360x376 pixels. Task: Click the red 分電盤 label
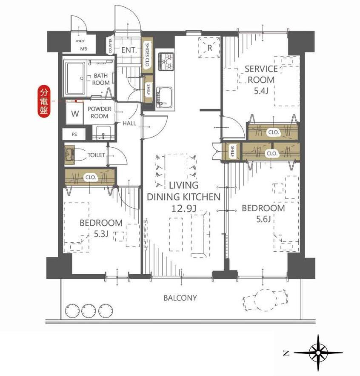pyautogui.click(x=44, y=101)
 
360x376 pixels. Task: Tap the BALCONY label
pyautogui.click(x=180, y=298)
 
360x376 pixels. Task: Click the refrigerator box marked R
pyautogui.click(x=209, y=47)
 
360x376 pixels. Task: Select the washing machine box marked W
pyautogui.click(x=75, y=113)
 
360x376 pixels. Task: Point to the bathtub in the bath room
pyautogui.click(x=75, y=78)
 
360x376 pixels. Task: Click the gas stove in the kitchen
pyautogui.click(x=166, y=61)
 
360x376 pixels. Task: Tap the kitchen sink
pyautogui.click(x=164, y=98)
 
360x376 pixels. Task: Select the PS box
pyautogui.click(x=74, y=134)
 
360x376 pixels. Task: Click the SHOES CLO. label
pyautogui.click(x=147, y=55)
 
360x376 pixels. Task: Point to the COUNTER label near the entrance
pyautogui.click(x=110, y=46)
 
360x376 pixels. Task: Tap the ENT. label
pyautogui.click(x=129, y=50)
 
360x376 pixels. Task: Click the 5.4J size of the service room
pyautogui.click(x=261, y=91)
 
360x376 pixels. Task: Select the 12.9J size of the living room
pyautogui.click(x=183, y=209)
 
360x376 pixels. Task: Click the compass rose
pyautogui.click(x=318, y=353)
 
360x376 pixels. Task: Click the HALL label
pyautogui.click(x=129, y=123)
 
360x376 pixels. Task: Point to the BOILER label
pyautogui.click(x=80, y=41)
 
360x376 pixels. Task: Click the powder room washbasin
pyautogui.click(x=103, y=132)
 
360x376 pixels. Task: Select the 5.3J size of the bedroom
pyautogui.click(x=101, y=234)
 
